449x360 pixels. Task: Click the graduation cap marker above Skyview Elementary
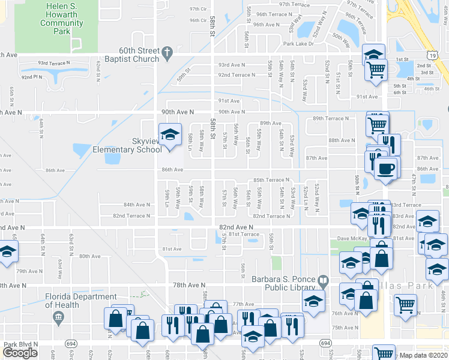pos(170,134)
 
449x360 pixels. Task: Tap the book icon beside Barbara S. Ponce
pos(324,280)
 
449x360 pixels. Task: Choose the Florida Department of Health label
pos(82,301)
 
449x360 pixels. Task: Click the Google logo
pos(20,353)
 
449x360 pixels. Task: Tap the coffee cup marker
pos(386,168)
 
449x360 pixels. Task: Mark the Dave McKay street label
pos(352,238)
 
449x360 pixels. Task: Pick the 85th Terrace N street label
pos(271,179)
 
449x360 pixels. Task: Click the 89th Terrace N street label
pos(331,118)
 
